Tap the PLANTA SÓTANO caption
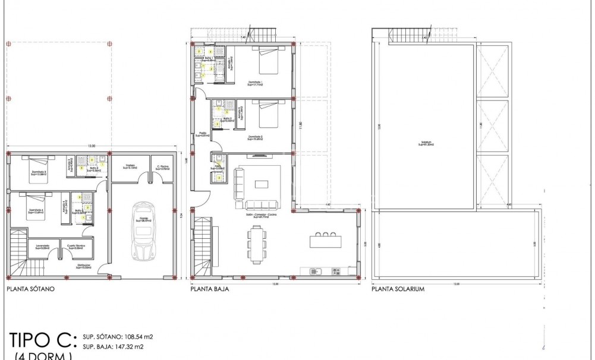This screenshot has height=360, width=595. click(30, 291)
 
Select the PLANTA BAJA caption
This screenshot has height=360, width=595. click(210, 291)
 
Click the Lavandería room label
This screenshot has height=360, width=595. click(42, 245)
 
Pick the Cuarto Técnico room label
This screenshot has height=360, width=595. click(75, 245)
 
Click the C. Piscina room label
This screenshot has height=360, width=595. click(160, 167)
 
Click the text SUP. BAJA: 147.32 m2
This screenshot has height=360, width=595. click(113, 346)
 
